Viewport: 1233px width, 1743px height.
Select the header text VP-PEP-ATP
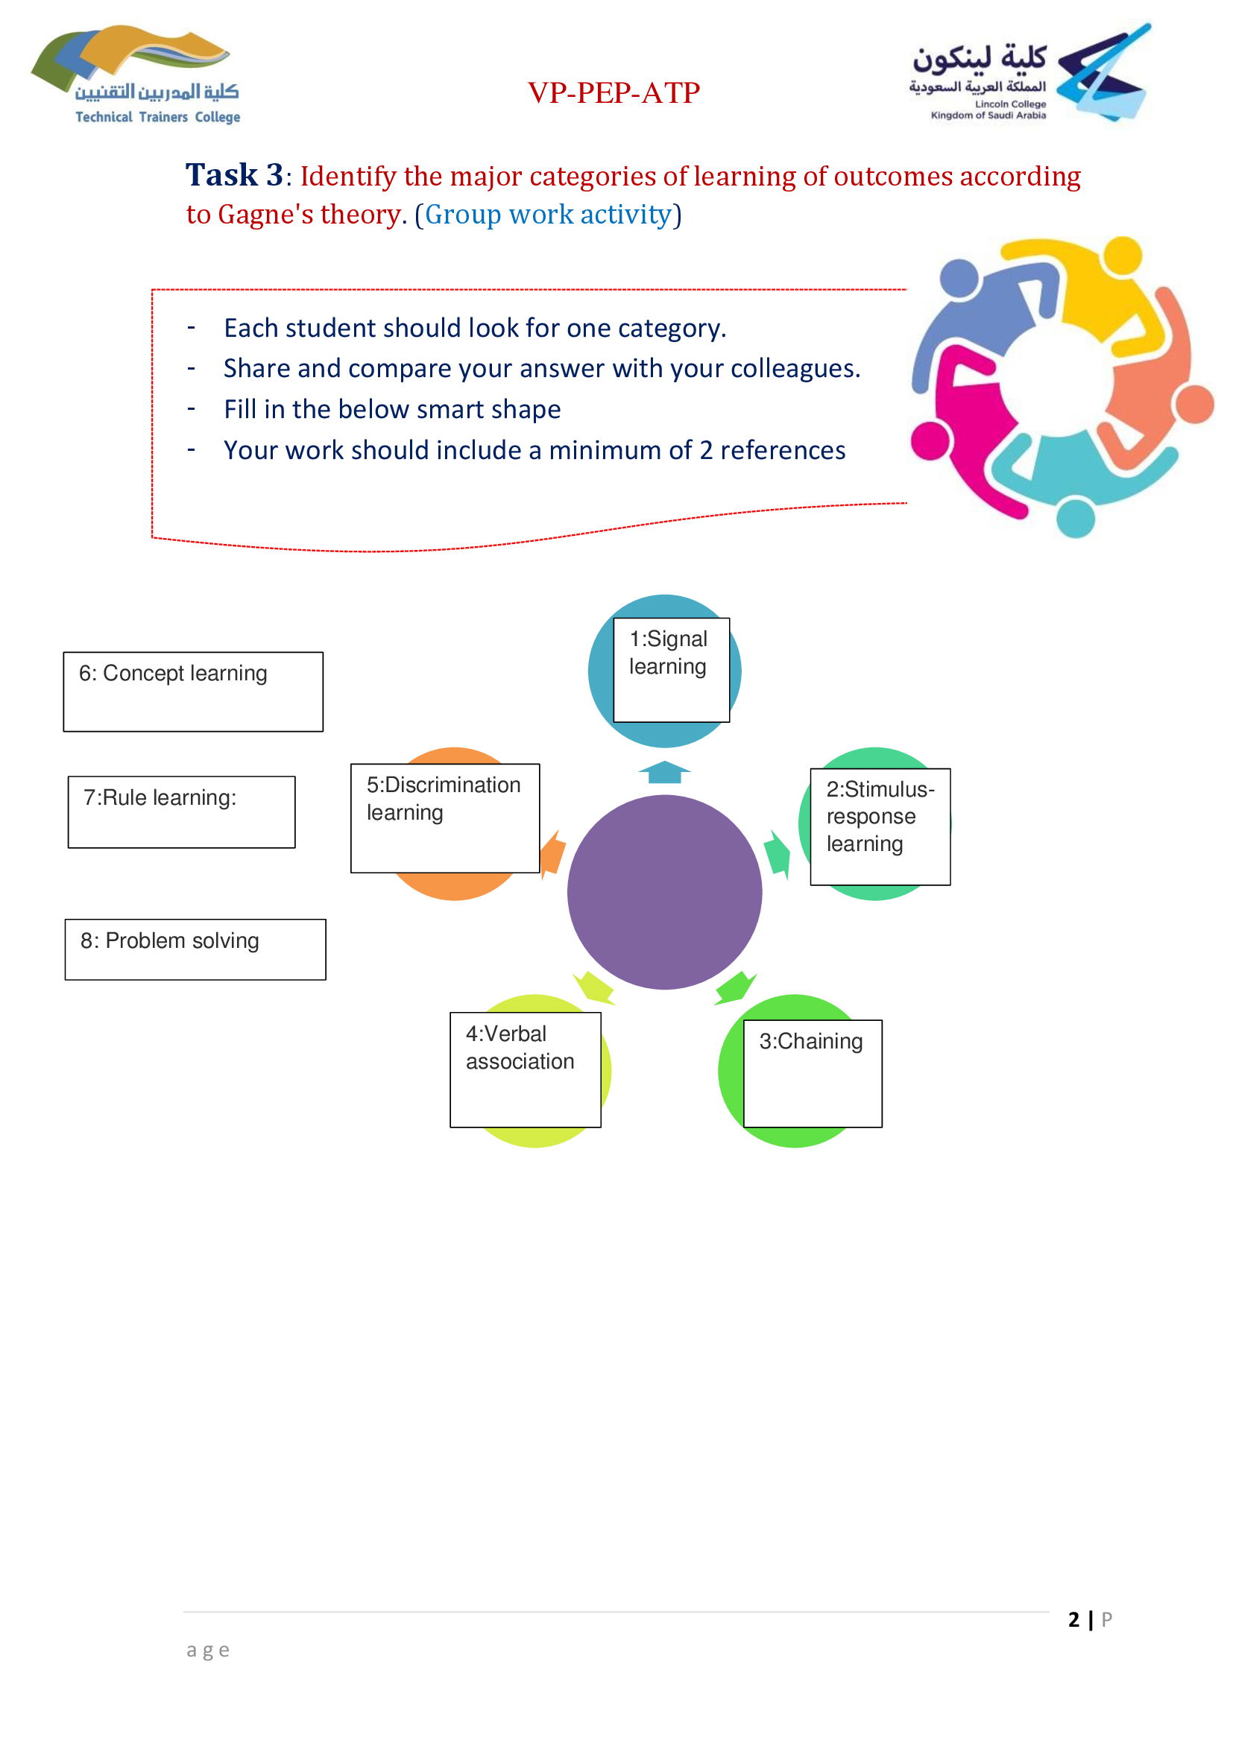click(x=614, y=92)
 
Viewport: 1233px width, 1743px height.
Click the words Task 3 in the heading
click(x=234, y=175)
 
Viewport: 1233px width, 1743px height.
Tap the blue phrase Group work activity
click(x=548, y=215)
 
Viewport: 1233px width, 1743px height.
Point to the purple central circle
click(x=664, y=892)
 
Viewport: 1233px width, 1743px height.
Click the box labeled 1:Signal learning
click(x=671, y=670)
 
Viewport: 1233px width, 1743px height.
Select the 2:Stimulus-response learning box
click(x=880, y=826)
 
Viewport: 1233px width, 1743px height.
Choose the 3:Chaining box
click(x=813, y=1073)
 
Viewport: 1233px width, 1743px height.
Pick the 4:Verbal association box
click(x=526, y=1069)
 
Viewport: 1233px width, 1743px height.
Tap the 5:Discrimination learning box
click(x=445, y=817)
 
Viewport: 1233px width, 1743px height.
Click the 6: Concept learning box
click(x=193, y=692)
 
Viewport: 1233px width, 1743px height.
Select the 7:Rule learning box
click(x=181, y=812)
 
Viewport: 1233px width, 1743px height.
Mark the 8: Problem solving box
click(x=195, y=949)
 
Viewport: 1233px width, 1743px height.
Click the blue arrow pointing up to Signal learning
click(x=664, y=772)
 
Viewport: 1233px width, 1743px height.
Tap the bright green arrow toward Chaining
click(x=735, y=987)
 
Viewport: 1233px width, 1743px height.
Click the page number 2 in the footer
click(x=1073, y=1619)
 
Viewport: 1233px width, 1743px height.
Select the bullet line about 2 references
click(x=534, y=450)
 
